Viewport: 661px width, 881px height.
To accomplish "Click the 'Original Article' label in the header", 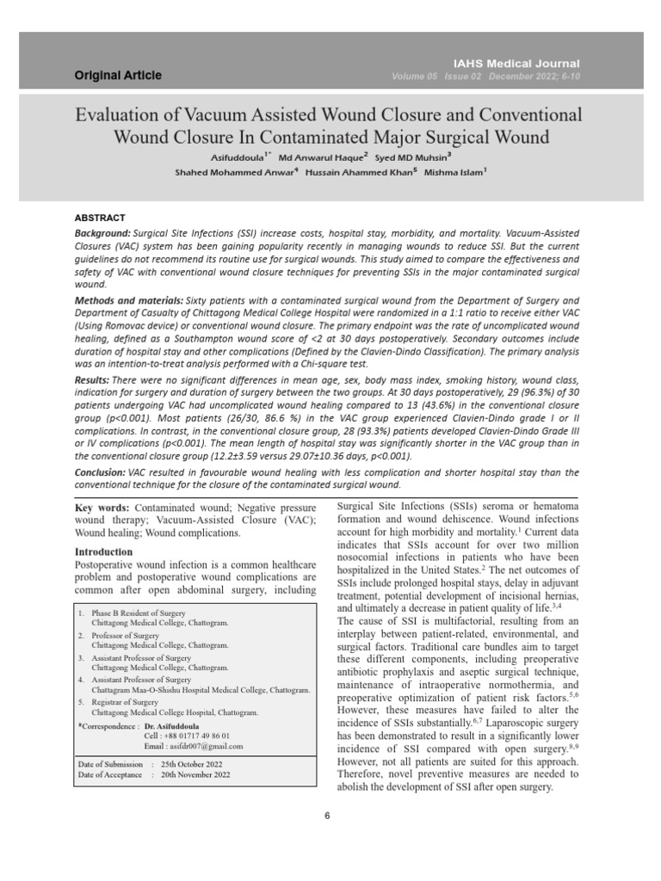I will pyautogui.click(x=118, y=76).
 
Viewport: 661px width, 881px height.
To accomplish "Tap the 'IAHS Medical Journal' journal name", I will pyautogui.click(x=528, y=64).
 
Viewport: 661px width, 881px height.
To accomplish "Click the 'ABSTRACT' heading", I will pyautogui.click(x=101, y=218).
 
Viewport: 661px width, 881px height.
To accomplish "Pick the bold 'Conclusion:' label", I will pyautogui.click(x=100, y=472).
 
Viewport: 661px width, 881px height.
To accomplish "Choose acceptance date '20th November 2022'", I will pyautogui.click(x=196, y=774).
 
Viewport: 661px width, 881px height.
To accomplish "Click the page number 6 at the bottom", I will pyautogui.click(x=328, y=816).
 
